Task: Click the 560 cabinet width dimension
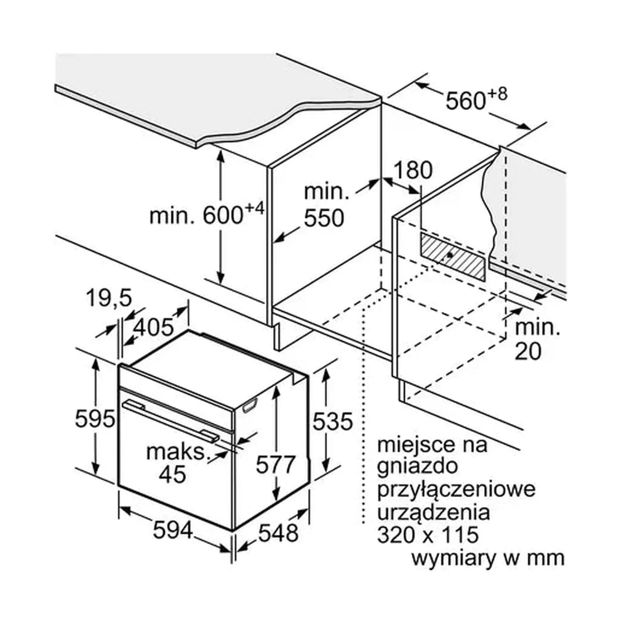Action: pyautogui.click(x=466, y=101)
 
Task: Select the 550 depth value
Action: pyautogui.click(x=324, y=219)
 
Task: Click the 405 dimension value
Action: pyautogui.click(x=154, y=327)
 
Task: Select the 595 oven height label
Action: pyautogui.click(x=95, y=419)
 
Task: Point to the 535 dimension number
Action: pyautogui.click(x=332, y=421)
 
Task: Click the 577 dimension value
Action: pyautogui.click(x=275, y=465)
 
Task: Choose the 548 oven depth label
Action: pyautogui.click(x=278, y=532)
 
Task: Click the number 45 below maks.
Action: pyautogui.click(x=173, y=475)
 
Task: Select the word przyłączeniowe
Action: pyautogui.click(x=456, y=490)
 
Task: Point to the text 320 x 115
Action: pyautogui.click(x=428, y=535)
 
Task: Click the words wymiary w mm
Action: pyautogui.click(x=487, y=558)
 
